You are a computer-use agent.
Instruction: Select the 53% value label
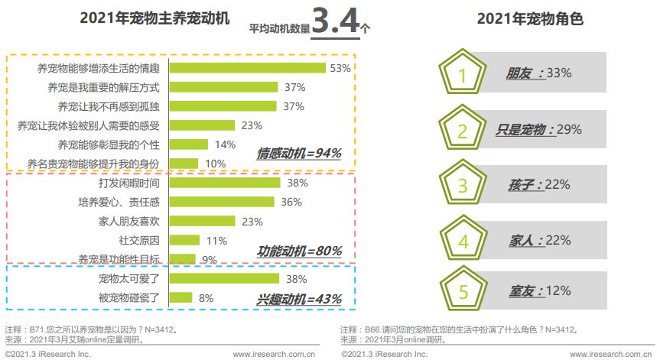point(340,68)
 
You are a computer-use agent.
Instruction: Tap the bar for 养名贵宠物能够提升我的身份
point(184,164)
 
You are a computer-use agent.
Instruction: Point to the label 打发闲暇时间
point(129,183)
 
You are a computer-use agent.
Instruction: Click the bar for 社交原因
point(184,241)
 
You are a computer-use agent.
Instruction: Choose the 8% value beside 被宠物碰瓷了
point(206,298)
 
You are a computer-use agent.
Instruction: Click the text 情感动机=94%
point(299,153)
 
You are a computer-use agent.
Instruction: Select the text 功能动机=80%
point(299,251)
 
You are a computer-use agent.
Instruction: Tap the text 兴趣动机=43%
point(299,299)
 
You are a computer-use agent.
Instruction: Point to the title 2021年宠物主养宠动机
point(154,19)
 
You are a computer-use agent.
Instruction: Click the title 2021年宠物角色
point(530,19)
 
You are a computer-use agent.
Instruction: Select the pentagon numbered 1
point(462,74)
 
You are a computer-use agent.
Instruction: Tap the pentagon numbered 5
point(462,291)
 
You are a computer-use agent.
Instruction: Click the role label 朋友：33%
point(538,73)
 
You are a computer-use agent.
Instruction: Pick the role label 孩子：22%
point(539,185)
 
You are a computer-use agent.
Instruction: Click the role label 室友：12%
point(539,291)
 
